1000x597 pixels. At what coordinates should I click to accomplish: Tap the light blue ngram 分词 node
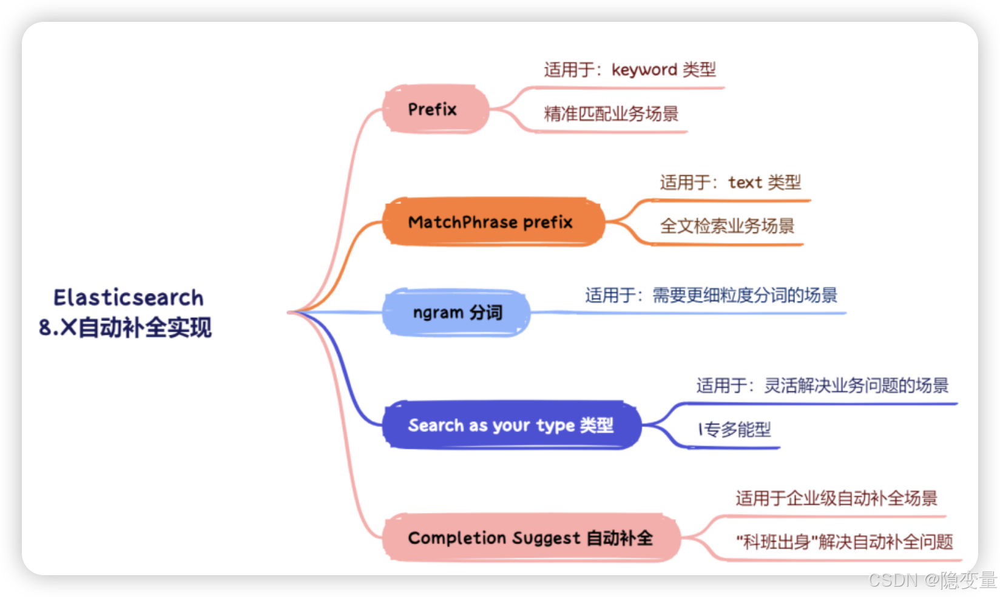[x=456, y=312]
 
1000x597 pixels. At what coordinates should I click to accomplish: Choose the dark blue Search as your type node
[x=511, y=425]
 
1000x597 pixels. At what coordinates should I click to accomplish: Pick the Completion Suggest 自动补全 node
[x=530, y=538]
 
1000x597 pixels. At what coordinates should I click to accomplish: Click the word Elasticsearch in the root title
[x=129, y=298]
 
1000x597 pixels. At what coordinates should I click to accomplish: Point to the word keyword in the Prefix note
[x=644, y=70]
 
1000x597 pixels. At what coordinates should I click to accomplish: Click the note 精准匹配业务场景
[x=611, y=113]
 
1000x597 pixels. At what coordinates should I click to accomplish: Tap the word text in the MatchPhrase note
[x=745, y=183]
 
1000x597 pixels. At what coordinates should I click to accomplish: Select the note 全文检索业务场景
[x=727, y=226]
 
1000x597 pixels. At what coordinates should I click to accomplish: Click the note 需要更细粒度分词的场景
[x=745, y=295]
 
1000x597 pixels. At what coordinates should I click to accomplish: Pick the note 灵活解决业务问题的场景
[x=856, y=385]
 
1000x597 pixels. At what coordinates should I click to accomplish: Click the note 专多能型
[x=737, y=430]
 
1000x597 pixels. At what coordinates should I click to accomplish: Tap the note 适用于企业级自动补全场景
[x=836, y=498]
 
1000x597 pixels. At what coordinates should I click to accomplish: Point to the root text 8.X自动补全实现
[x=126, y=328]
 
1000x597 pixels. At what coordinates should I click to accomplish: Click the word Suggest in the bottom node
[x=546, y=538]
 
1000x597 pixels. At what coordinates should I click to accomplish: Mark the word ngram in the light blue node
[x=437, y=313]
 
